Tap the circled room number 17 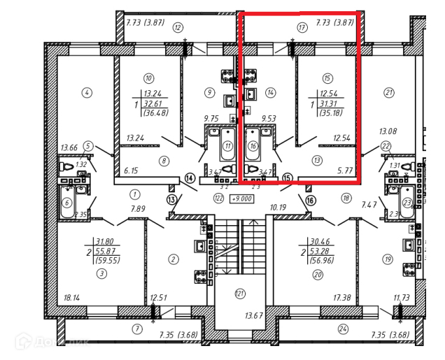point(302,28)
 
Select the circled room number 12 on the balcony point(178,28)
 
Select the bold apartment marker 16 point(311,199)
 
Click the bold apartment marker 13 point(172,200)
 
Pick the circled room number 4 point(87,92)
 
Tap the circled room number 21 point(389,91)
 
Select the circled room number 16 point(253,146)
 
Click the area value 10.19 point(278,207)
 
